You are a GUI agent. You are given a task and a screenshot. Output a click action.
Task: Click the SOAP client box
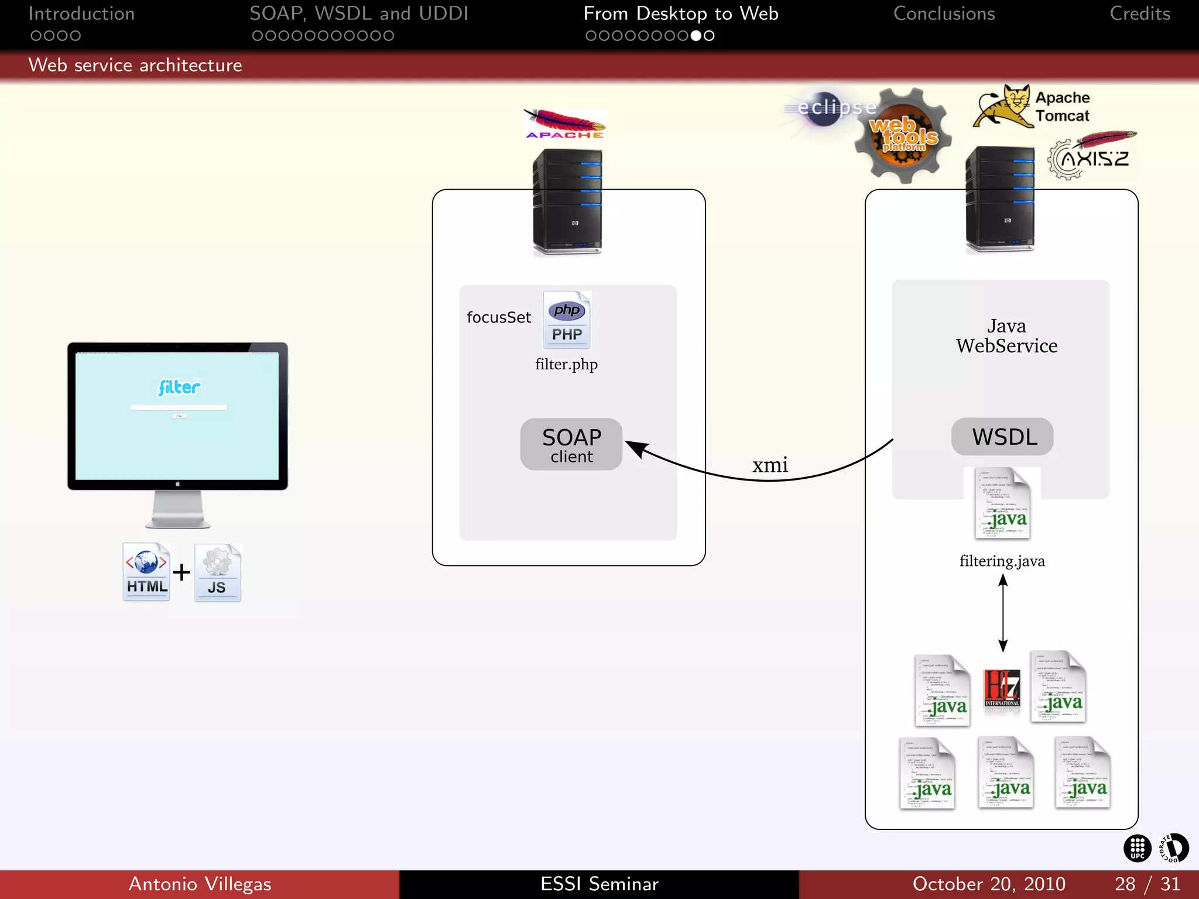click(571, 444)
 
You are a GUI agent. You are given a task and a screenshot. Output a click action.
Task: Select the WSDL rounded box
click(1002, 437)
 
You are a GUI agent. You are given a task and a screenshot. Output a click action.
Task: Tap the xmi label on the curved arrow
click(770, 465)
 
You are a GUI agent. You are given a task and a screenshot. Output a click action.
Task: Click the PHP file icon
click(567, 320)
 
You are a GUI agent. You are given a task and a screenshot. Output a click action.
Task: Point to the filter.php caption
click(566, 364)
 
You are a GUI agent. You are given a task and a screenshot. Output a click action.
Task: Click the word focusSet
click(498, 317)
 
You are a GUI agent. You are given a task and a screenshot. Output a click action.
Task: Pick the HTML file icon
click(146, 572)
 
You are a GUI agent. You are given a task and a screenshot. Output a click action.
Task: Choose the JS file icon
click(217, 573)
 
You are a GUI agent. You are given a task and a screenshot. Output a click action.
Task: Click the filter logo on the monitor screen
click(179, 387)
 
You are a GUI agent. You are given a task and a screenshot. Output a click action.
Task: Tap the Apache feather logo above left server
click(564, 124)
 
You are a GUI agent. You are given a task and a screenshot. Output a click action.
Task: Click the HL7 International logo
click(1002, 689)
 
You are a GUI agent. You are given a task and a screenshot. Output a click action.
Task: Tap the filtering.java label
click(1002, 561)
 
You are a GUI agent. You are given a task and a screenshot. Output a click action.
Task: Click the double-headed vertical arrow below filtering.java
click(1003, 613)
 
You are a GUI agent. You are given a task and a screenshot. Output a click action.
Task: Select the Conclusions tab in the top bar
click(944, 14)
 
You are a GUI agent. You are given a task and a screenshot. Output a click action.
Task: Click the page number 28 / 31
click(1147, 884)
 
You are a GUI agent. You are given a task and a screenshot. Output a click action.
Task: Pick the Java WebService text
click(1006, 336)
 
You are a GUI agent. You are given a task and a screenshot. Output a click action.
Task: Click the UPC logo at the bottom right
click(1137, 848)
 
